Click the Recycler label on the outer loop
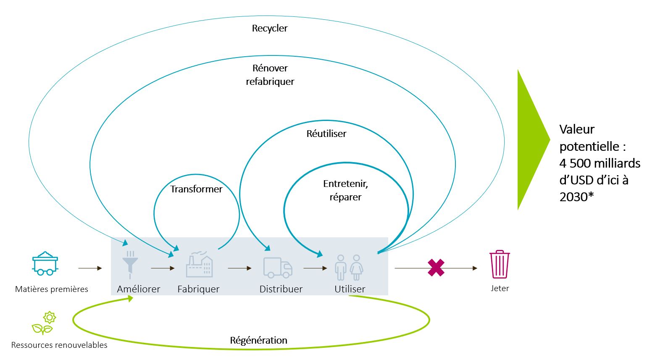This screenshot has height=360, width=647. click(x=270, y=29)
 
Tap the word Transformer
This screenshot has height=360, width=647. click(x=196, y=189)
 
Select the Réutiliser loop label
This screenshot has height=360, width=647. click(x=326, y=134)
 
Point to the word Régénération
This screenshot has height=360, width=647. click(x=258, y=340)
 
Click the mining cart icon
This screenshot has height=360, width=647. click(x=45, y=263)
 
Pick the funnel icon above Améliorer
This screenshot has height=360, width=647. click(x=130, y=265)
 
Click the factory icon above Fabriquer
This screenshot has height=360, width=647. click(x=200, y=265)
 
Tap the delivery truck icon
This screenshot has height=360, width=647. click(x=278, y=268)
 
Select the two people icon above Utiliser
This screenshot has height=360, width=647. click(x=349, y=267)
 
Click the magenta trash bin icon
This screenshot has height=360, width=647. click(x=500, y=265)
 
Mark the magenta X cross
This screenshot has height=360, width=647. click(x=436, y=268)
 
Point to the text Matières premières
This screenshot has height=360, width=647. click(x=52, y=289)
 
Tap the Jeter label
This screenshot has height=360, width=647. click(x=500, y=289)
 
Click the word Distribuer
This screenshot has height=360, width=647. click(x=281, y=289)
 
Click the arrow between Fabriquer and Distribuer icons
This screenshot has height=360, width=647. click(x=239, y=268)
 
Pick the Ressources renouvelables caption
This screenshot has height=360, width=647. click(x=59, y=345)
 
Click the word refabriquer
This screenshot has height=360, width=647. click(x=270, y=81)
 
